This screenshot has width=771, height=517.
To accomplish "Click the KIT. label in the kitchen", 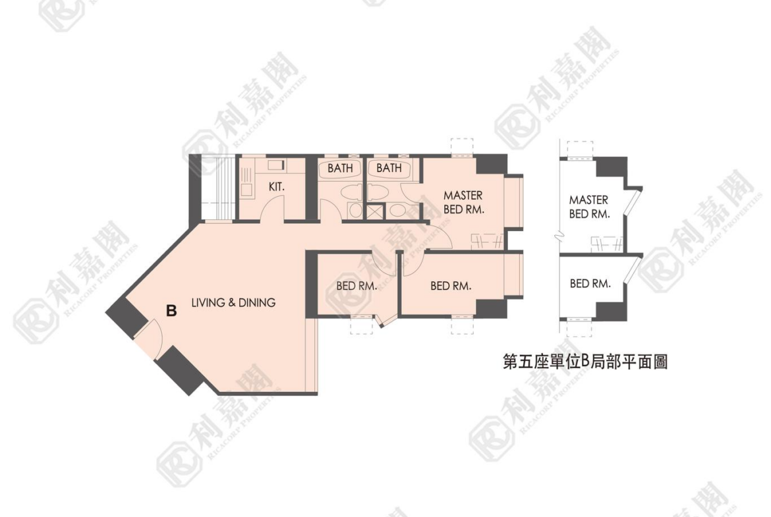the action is [x=276, y=187].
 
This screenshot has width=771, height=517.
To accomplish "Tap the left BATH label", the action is [x=340, y=168].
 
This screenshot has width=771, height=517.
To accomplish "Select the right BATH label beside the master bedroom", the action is [x=389, y=168].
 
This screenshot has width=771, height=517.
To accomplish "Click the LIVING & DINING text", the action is [x=233, y=302].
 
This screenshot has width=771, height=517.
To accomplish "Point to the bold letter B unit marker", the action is [x=171, y=311].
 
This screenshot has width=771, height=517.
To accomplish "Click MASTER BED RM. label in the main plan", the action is [x=464, y=202].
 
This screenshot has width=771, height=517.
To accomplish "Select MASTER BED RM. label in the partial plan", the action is [x=589, y=207].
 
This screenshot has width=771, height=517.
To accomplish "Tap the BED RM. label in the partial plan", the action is [x=590, y=284].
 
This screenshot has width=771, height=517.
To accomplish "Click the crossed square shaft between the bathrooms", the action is [x=375, y=211].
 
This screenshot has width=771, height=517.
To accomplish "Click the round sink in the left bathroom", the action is [x=355, y=210].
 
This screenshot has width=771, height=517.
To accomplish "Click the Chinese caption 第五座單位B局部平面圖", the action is [x=585, y=362].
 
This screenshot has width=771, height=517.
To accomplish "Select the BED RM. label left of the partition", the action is [x=357, y=286].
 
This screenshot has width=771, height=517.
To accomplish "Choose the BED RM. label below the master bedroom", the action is [x=450, y=286].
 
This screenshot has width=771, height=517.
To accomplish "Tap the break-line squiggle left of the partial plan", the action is [x=559, y=237].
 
